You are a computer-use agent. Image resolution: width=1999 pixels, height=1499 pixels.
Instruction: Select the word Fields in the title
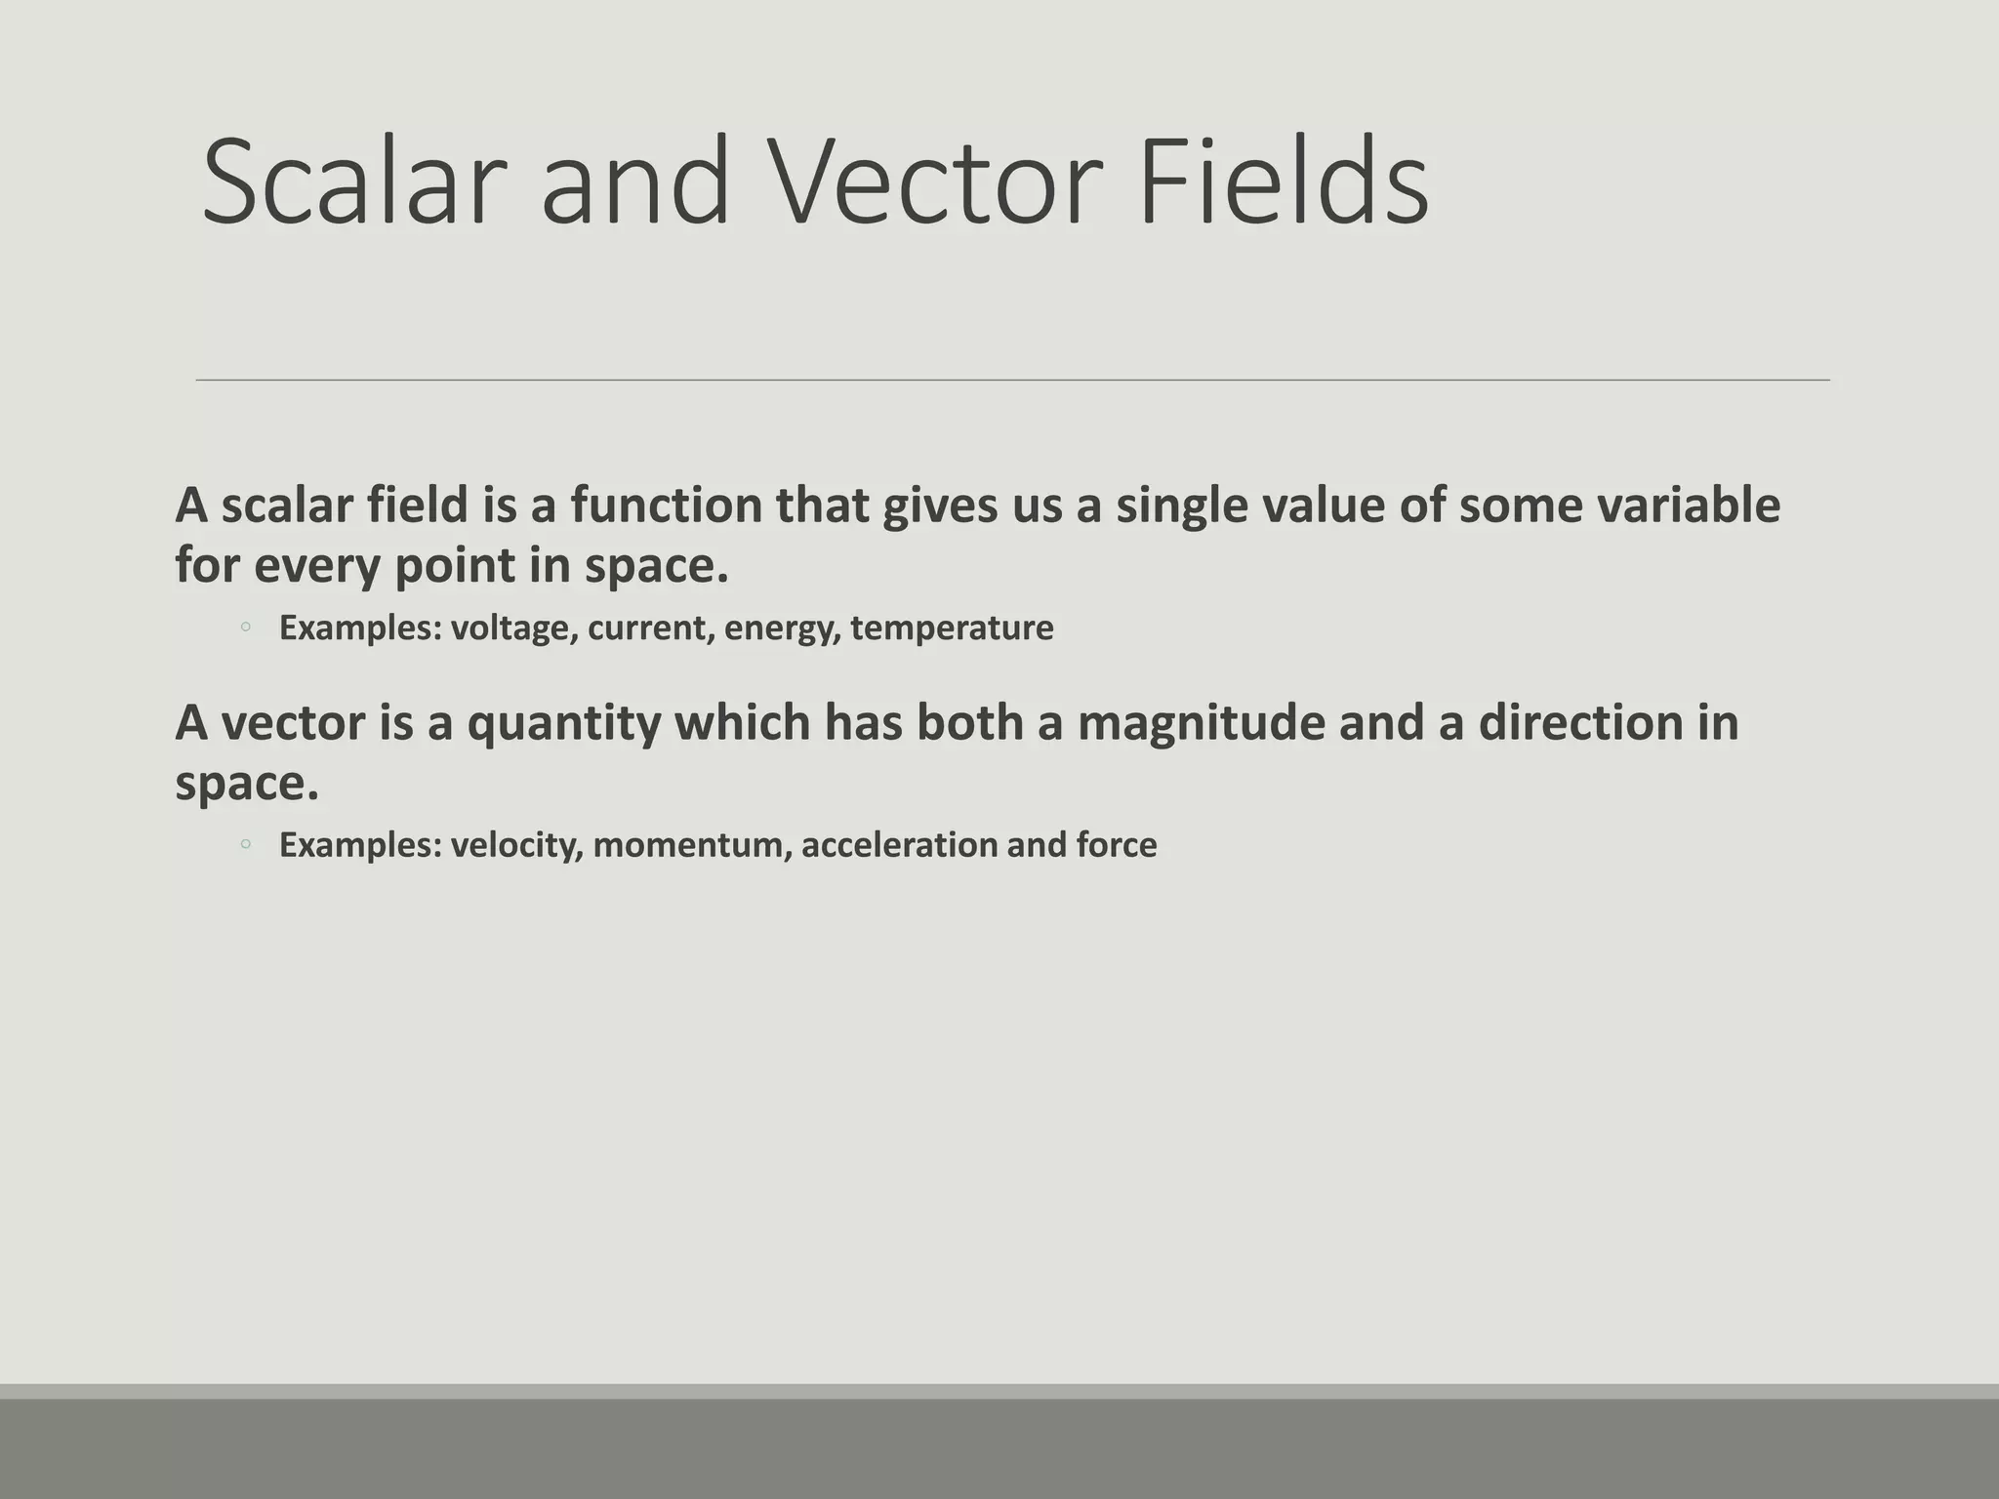(1284, 182)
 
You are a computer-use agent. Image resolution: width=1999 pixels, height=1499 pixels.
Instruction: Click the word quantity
(563, 724)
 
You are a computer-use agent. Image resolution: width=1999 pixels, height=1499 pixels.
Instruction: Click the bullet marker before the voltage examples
(246, 628)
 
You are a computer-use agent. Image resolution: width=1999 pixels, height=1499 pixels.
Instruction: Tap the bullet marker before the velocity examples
(246, 845)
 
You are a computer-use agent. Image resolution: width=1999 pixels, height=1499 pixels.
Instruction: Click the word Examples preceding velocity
(360, 845)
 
